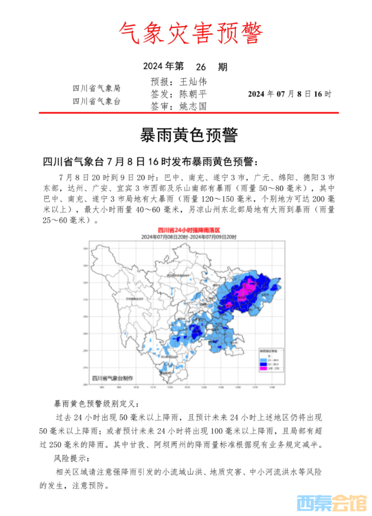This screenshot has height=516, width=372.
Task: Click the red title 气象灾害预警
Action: [186, 33]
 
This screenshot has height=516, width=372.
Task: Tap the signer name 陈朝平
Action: [192, 94]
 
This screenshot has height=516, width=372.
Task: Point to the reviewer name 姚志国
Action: [192, 106]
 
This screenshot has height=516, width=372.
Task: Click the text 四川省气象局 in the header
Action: [96, 88]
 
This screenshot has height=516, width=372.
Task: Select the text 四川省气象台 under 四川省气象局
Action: [96, 101]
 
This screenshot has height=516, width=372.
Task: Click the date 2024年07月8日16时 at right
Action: [289, 94]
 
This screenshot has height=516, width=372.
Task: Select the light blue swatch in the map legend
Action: [265, 358]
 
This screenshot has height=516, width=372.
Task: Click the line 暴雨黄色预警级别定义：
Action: [96, 404]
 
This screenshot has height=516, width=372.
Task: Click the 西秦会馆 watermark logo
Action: [331, 503]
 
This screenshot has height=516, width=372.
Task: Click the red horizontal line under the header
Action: [186, 113]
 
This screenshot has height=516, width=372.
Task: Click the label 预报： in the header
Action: [161, 82]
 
